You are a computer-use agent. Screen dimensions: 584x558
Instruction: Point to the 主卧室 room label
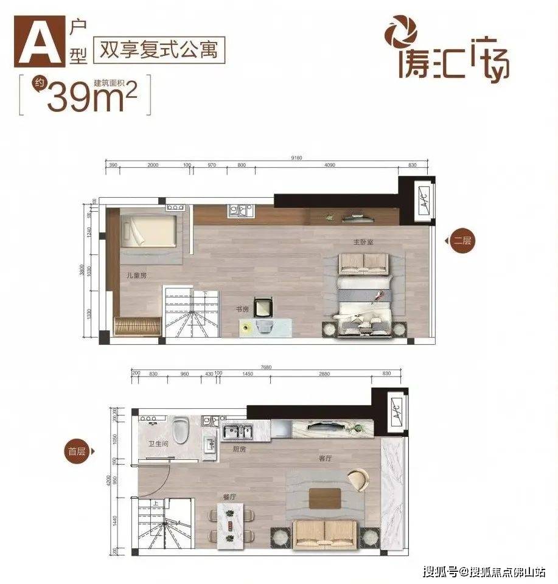click(x=363, y=242)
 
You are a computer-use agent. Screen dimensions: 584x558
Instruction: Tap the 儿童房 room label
click(x=136, y=276)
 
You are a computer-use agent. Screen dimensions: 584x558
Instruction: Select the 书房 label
click(x=243, y=309)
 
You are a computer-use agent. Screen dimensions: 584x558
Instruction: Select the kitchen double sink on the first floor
click(x=235, y=431)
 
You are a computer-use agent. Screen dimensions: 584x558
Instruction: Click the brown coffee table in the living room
click(x=324, y=498)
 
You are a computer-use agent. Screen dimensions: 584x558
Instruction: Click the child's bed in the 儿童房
click(x=150, y=229)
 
